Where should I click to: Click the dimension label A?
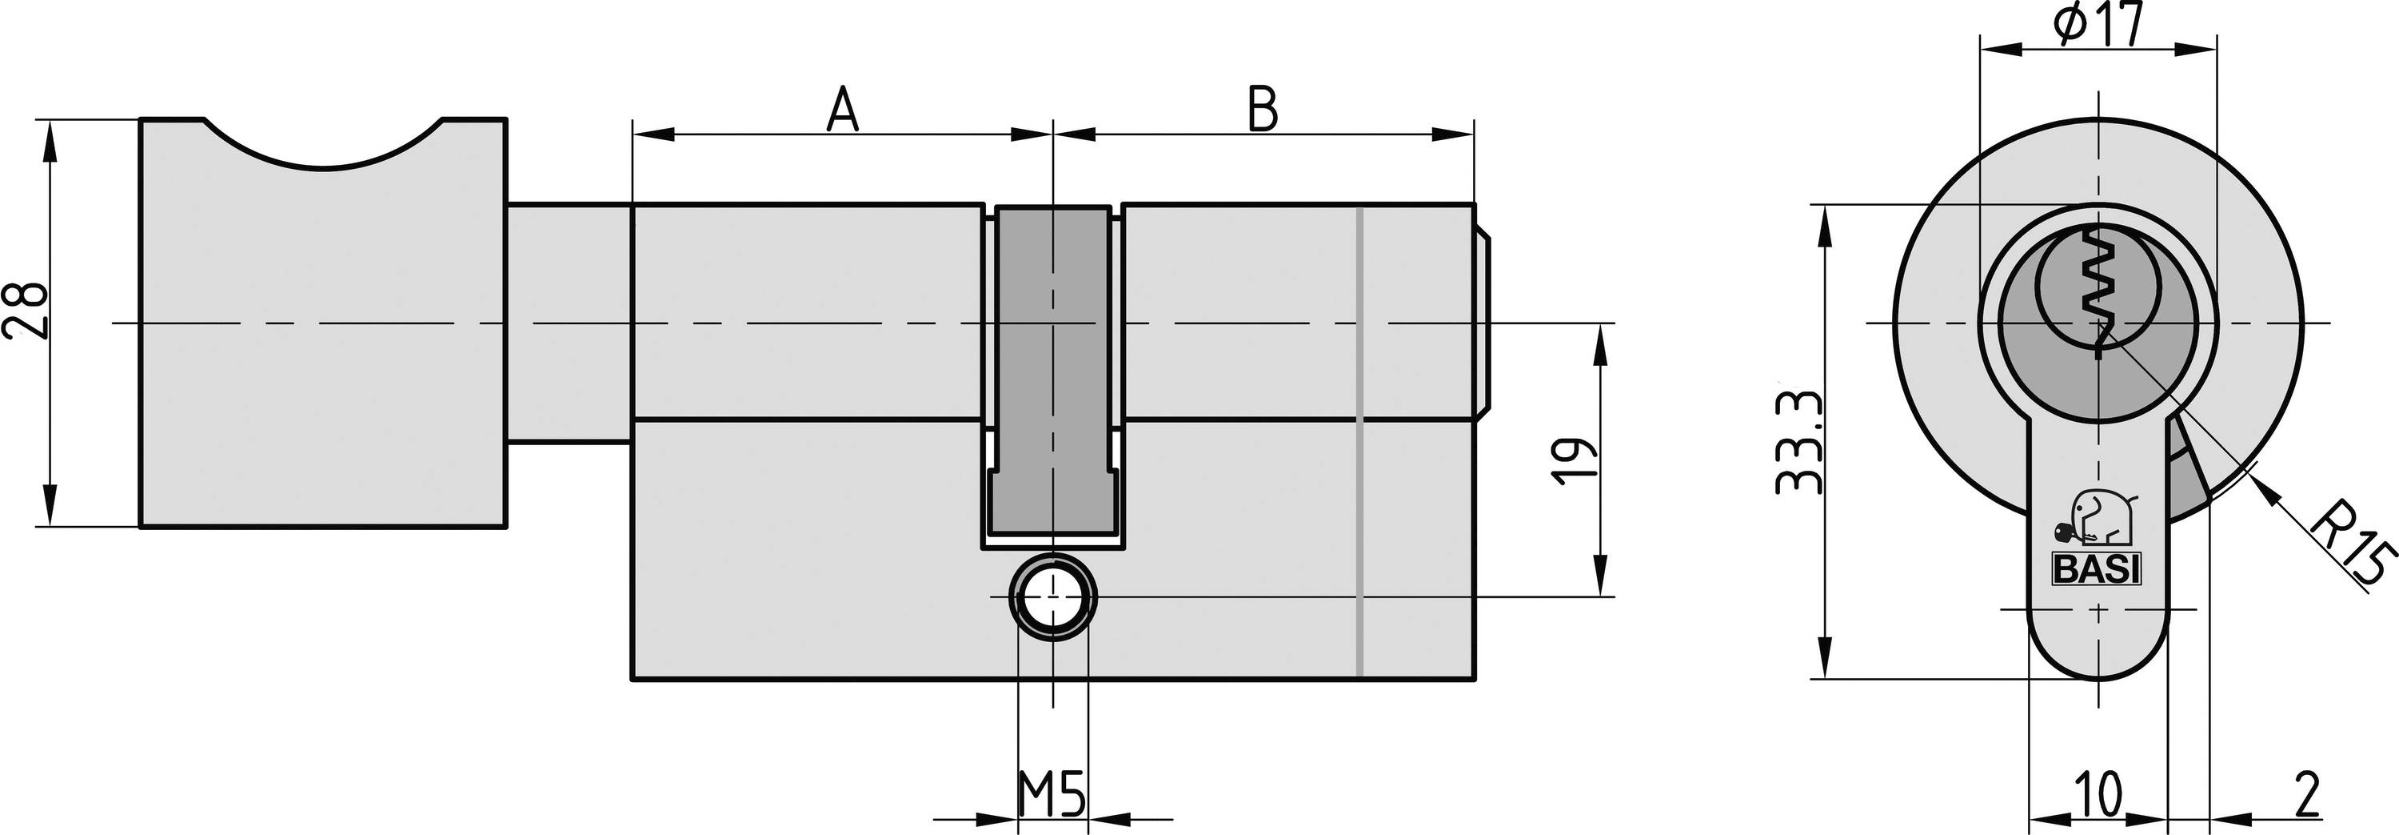[x=842, y=109]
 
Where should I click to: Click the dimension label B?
[x=1262, y=109]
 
